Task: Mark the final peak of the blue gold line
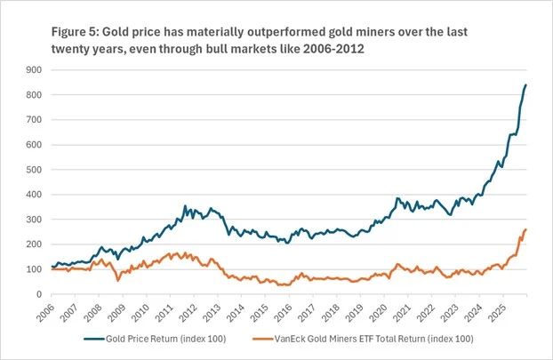click(x=525, y=85)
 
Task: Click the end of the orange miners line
click(x=525, y=230)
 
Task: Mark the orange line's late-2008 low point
click(x=118, y=280)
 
